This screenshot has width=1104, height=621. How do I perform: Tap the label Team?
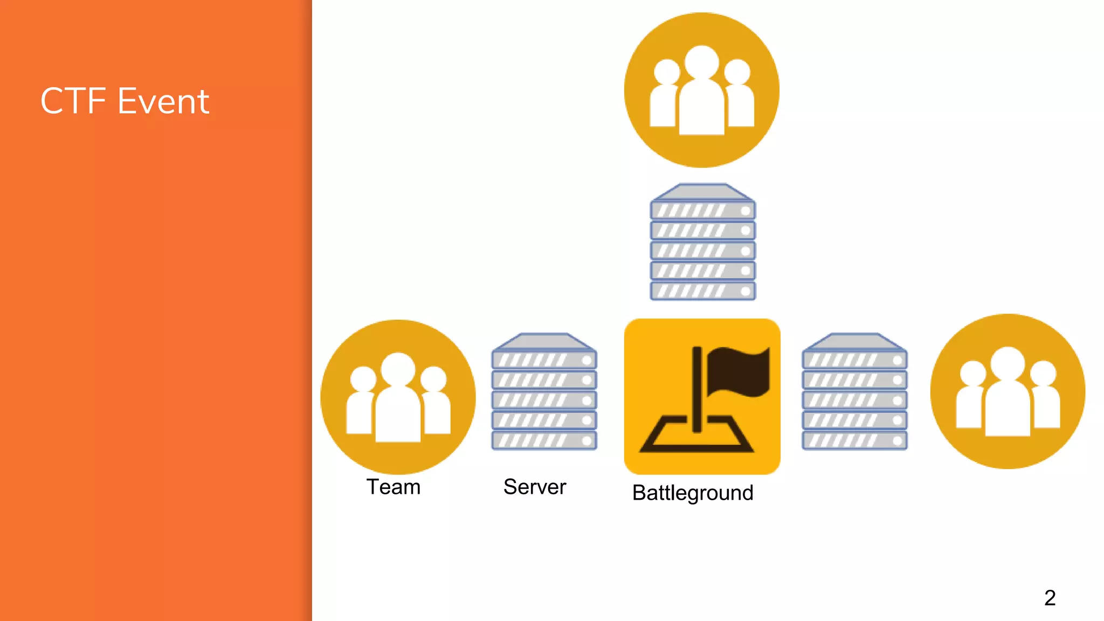coord(393,487)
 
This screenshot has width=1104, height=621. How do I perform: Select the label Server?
coord(534,487)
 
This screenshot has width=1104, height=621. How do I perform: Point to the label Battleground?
coord(692,493)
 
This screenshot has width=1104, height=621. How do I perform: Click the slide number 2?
coord(1050,598)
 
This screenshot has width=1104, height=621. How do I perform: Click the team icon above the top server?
coord(701,90)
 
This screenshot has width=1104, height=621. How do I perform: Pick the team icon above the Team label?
coord(398,397)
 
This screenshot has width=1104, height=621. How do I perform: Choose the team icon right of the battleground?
coord(1008,391)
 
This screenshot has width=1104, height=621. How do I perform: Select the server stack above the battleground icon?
coord(702,242)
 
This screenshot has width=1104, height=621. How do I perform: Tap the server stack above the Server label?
coord(544,392)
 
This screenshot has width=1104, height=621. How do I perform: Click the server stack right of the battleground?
coord(854,392)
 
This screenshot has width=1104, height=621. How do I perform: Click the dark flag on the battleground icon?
coord(739,371)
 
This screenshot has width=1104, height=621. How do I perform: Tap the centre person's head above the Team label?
coord(398,369)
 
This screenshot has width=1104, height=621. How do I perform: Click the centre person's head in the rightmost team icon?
coord(1008,363)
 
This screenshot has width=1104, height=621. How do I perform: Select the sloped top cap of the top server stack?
coord(702,192)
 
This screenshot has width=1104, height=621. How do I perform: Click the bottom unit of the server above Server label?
coord(544,440)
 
